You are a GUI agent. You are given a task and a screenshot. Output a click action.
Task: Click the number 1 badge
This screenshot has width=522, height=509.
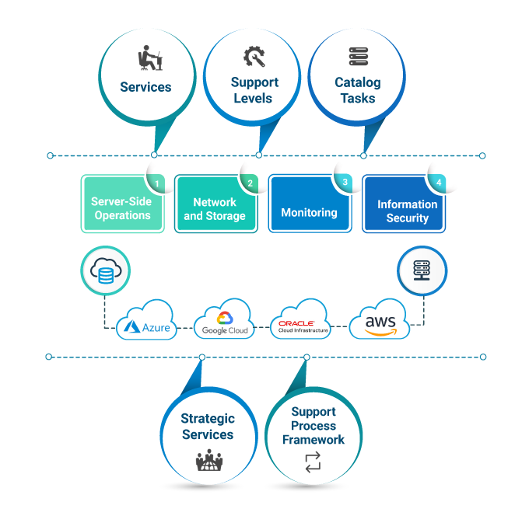pos(157,183)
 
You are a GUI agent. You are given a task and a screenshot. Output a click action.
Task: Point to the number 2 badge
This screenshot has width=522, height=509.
pos(250,183)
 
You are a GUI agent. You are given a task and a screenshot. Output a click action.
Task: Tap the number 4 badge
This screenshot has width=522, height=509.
pos(439,183)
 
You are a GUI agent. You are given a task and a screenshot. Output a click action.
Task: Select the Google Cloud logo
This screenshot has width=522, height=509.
pos(225,323)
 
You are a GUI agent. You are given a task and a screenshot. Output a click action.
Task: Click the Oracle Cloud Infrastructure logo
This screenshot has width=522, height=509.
pos(302,324)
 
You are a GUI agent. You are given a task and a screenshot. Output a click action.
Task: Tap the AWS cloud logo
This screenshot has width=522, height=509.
pos(380,323)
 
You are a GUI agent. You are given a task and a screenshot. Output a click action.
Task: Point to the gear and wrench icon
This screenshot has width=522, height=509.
pos(254,57)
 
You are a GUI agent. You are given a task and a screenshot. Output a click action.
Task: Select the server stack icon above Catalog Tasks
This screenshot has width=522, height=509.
pos(358,57)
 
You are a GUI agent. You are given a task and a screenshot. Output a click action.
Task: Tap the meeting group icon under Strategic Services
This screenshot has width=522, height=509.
pos(208,461)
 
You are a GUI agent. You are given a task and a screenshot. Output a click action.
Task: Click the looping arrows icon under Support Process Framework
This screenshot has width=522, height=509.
pos(313,463)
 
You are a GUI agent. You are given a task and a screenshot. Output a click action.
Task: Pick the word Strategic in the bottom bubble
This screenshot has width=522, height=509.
pos(208,419)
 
